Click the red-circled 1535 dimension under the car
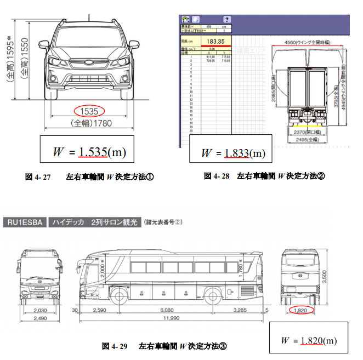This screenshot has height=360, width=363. pyautogui.click(x=89, y=111)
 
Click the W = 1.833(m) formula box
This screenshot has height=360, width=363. pyautogui.click(x=230, y=152)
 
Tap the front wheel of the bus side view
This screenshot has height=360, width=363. pyautogui.click(x=120, y=296)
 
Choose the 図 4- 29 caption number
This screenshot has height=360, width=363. pyautogui.click(x=115, y=346)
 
